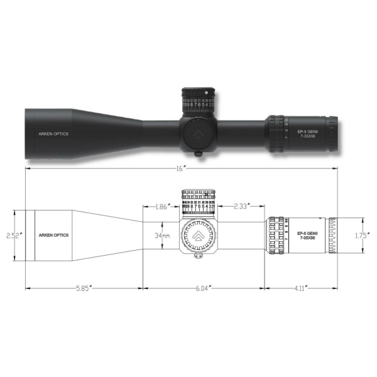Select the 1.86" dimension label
(x=161, y=206)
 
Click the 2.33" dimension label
(x=243, y=206)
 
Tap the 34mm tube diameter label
(x=162, y=236)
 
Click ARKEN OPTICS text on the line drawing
(x=54, y=235)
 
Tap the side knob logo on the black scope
(x=199, y=132)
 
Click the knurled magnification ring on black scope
(x=274, y=133)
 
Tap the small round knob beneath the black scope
(x=199, y=153)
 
